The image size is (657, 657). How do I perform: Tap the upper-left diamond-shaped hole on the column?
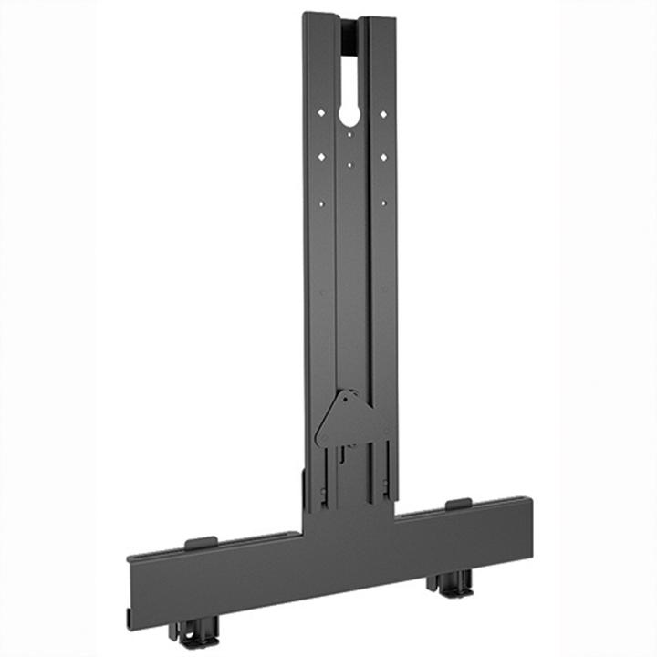(x=320, y=113)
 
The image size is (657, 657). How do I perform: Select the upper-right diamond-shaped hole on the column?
(x=383, y=113)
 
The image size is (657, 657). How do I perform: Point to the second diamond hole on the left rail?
(x=321, y=157)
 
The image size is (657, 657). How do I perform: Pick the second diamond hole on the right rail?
(x=383, y=157)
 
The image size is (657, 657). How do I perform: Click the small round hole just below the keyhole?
(x=351, y=136)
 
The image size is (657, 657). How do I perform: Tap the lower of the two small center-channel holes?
(x=351, y=165)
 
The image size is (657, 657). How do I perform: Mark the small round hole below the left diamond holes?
(x=321, y=202)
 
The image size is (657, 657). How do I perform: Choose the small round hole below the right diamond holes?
(x=383, y=202)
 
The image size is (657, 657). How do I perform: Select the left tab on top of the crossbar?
(x=201, y=543)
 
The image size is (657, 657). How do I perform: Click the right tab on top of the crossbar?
(x=458, y=504)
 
